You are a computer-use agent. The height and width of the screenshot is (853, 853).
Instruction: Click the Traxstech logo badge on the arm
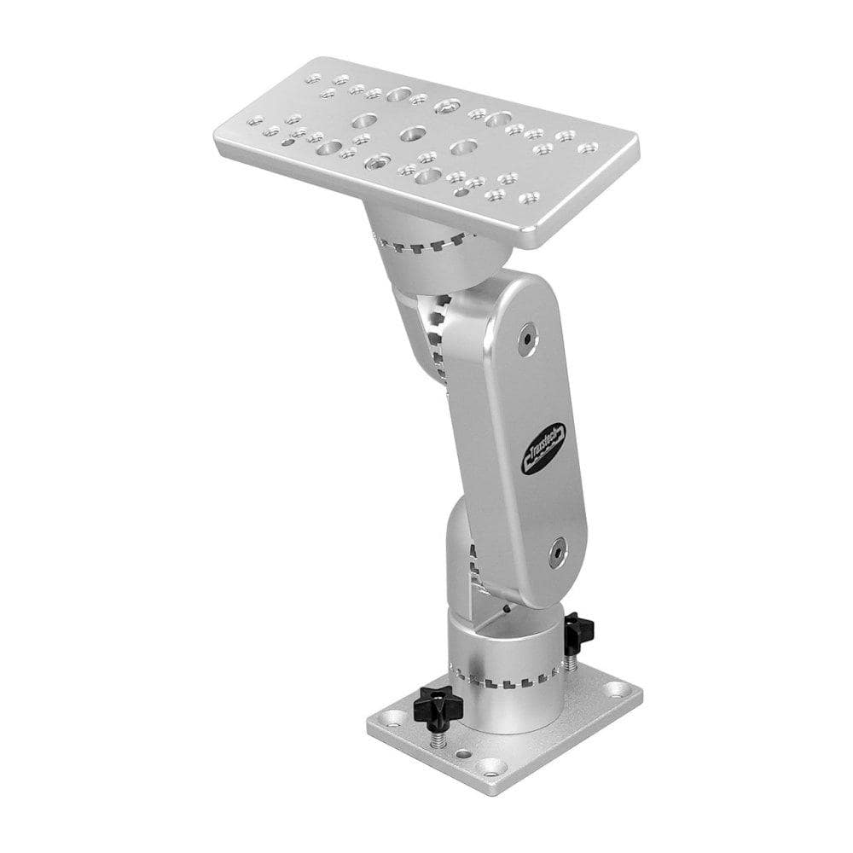point(543,450)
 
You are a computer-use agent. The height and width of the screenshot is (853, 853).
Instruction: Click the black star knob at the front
point(440,705)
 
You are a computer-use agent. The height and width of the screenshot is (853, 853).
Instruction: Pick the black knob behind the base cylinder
point(577,632)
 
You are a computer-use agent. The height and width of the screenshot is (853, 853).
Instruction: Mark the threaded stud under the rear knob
point(567,659)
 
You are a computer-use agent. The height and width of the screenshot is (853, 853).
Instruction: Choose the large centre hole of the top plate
point(415,133)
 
